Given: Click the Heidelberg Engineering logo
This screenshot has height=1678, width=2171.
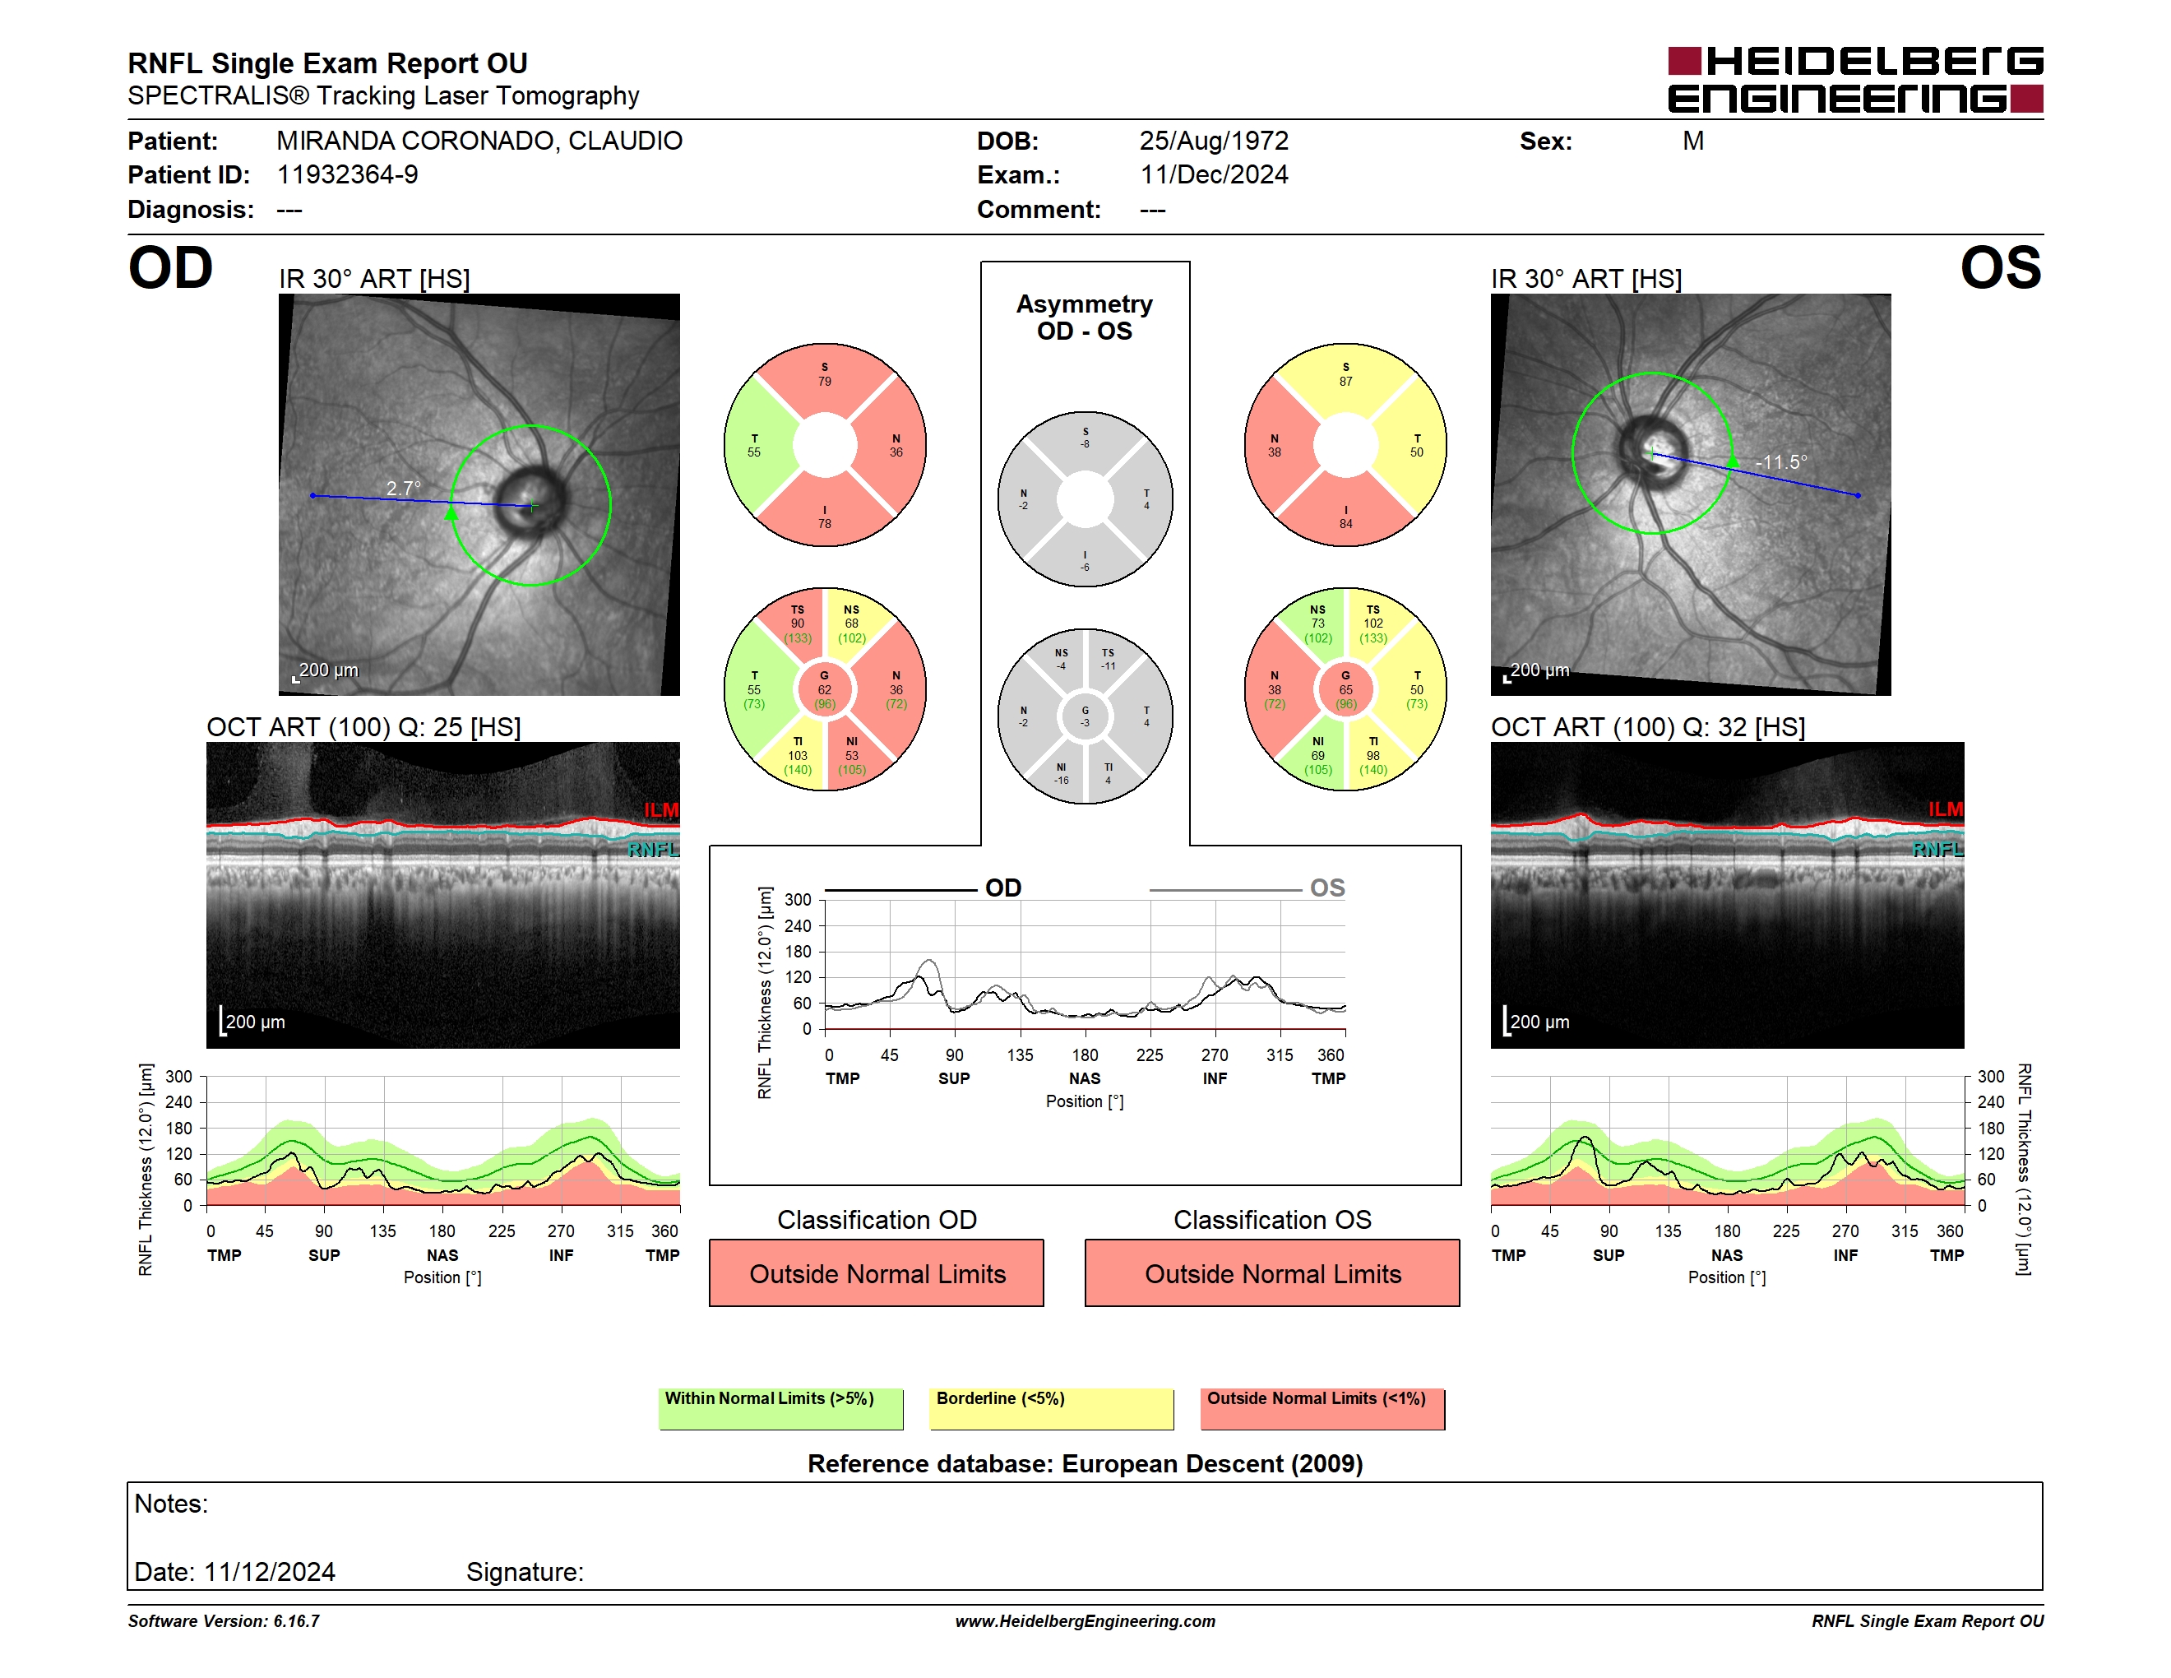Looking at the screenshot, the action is pos(1855,80).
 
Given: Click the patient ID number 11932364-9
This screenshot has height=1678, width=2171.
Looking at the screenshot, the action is pos(347,175).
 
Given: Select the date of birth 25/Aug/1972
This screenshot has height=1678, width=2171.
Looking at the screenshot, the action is pos(1214,141).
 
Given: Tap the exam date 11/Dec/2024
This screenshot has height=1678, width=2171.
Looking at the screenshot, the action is pos(1214,175).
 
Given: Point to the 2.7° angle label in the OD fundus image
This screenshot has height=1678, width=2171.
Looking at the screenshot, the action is pos(404,488).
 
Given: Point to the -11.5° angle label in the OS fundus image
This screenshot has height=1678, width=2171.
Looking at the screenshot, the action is pos(1781,462).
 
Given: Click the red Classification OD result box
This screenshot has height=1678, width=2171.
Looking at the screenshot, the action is pos(877,1272).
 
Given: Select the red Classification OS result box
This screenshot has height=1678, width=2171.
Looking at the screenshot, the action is pos(1272,1272).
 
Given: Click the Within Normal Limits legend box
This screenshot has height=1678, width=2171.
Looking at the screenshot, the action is pos(780,1408).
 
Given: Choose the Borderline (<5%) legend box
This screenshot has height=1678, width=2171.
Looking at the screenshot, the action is pos(1051,1408).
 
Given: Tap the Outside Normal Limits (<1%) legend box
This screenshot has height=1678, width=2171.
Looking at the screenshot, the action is pos(1322,1408).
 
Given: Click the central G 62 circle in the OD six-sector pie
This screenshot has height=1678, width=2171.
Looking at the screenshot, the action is pos(825,689).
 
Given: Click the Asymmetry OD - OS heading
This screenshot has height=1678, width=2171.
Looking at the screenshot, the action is pos(1085,318).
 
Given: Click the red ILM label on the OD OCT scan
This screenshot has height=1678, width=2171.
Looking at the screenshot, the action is pos(661,810).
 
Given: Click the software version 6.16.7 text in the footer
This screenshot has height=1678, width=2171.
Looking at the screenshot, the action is pos(224,1621).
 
